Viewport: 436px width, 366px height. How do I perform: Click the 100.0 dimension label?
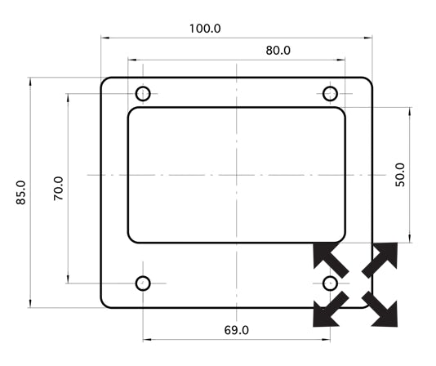[205, 29]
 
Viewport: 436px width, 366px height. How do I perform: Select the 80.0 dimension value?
[278, 51]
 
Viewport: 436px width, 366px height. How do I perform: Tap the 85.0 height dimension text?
[21, 193]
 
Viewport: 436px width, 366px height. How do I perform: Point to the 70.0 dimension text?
[59, 189]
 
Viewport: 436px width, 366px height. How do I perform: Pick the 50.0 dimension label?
[400, 175]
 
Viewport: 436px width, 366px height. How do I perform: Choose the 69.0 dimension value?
[236, 330]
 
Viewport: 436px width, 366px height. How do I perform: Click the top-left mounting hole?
[143, 93]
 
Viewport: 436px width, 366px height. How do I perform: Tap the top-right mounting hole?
[330, 93]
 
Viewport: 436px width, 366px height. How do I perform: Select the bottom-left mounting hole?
[143, 283]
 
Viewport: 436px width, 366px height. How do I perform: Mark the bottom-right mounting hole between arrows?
[330, 283]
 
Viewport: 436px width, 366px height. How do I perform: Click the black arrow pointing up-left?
[330, 258]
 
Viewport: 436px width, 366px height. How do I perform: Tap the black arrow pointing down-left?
[330, 310]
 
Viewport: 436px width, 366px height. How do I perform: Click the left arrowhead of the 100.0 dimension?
[105, 38]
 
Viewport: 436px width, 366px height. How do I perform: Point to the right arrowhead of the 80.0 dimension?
[341, 60]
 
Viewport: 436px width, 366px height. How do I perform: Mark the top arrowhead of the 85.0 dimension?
[30, 81]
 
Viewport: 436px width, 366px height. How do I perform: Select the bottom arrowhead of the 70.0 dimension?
[68, 279]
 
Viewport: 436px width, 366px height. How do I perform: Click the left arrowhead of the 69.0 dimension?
[147, 339]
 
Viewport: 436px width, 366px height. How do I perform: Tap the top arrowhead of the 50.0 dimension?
[410, 111]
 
